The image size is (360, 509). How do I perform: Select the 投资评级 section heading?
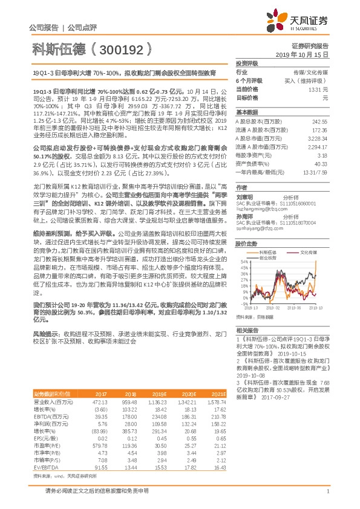coord(247,63)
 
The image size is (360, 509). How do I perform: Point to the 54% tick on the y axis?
coord(243,261)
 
